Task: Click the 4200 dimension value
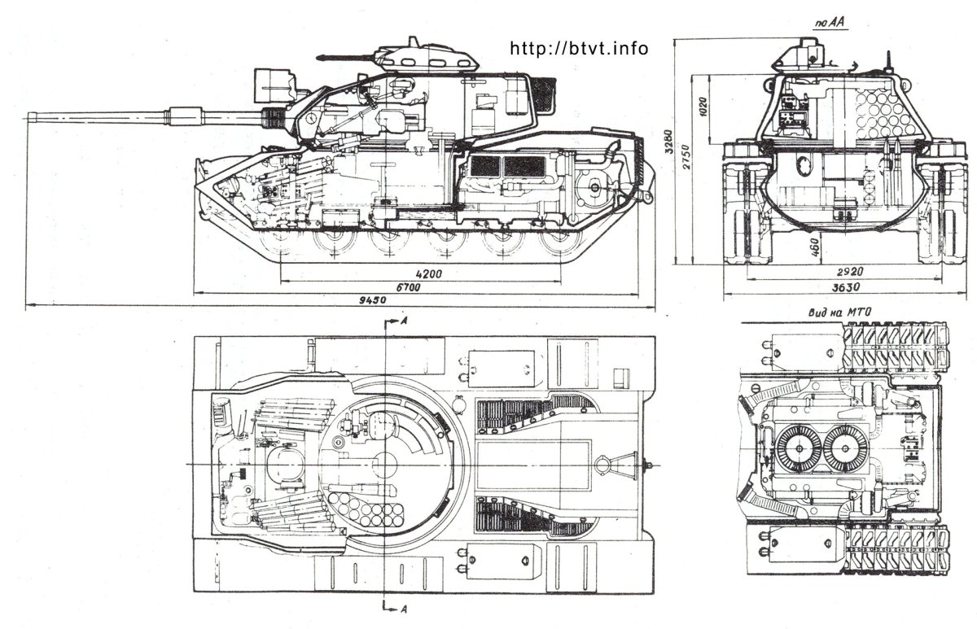click(x=429, y=273)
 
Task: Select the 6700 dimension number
click(x=408, y=287)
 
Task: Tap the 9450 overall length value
click(x=373, y=300)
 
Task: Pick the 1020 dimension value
click(x=703, y=107)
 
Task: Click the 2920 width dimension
click(x=850, y=272)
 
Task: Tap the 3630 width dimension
click(x=846, y=286)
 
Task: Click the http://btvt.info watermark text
click(x=579, y=48)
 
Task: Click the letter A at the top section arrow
click(x=404, y=321)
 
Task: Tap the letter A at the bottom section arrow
click(x=404, y=609)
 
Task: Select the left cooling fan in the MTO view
click(x=799, y=449)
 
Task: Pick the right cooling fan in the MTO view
click(x=846, y=449)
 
